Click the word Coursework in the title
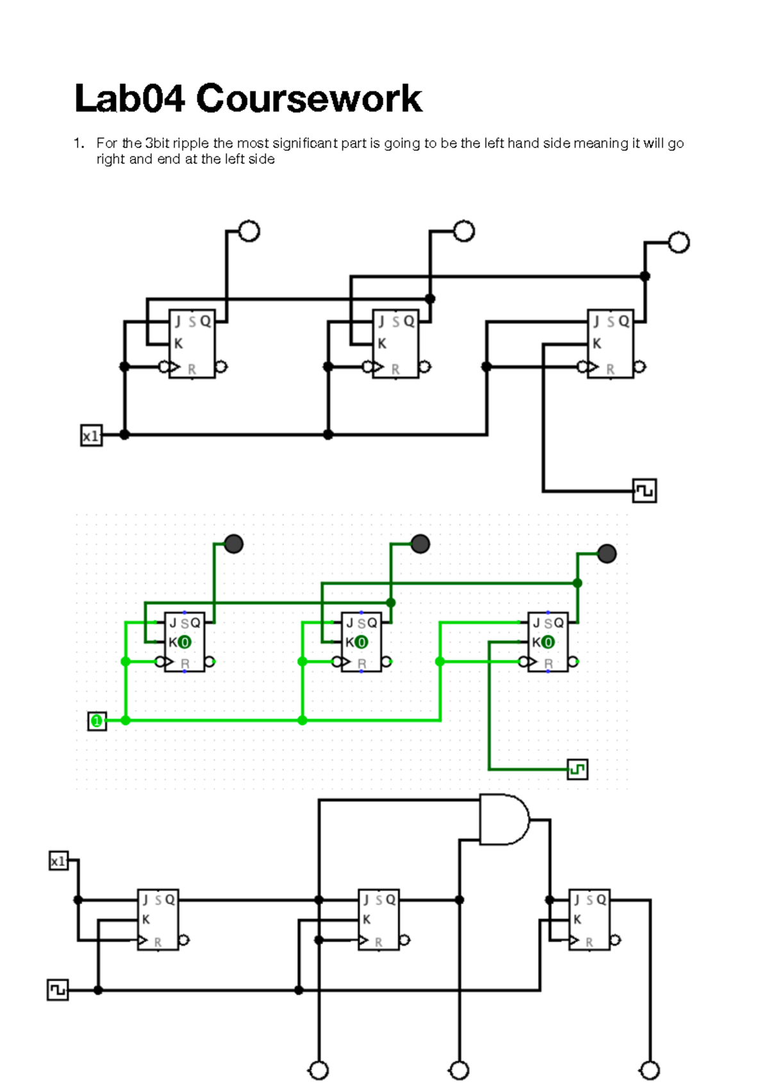pos(309,99)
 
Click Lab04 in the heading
pos(129,99)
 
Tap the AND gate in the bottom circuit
pos(504,820)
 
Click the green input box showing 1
pos(97,721)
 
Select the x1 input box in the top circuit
pos(91,436)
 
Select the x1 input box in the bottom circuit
pos(58,861)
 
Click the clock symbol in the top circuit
pos(644,490)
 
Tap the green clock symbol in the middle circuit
pos(577,768)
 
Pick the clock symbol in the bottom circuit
pos(58,990)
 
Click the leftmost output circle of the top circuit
pos(249,231)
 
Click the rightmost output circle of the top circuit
pos(679,242)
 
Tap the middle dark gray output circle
pos(420,544)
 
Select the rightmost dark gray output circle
pos(606,553)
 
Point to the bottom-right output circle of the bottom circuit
pos(650,1070)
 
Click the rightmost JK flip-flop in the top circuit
pos(610,344)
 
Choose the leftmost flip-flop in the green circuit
pos(185,642)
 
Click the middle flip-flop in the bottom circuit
pos(378,919)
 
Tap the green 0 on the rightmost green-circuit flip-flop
pos(548,642)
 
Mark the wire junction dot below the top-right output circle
pos(645,276)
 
